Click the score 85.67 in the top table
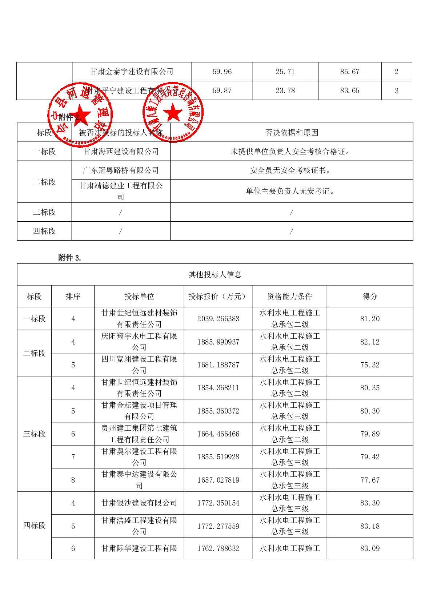pos(349,72)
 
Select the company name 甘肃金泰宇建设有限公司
pos(132,72)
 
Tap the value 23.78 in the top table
pos(285,90)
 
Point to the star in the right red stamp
pos(173,113)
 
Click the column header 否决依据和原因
pos(292,133)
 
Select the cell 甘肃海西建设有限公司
pos(121,152)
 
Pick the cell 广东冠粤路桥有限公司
pos(121,170)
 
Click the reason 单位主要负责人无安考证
pos(290,191)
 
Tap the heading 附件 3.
pos(69,258)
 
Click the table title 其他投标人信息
pos(215,275)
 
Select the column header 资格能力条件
pos(289,297)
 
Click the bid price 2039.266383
pos(218,319)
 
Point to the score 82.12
pos(370,342)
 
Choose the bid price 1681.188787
pos(218,365)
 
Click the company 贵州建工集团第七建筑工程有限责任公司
pos(139,434)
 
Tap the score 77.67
pos(370,480)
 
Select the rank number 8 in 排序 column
pos(73,480)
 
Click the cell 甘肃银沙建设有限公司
pos(139,503)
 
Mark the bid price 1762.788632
pos(218,548)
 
